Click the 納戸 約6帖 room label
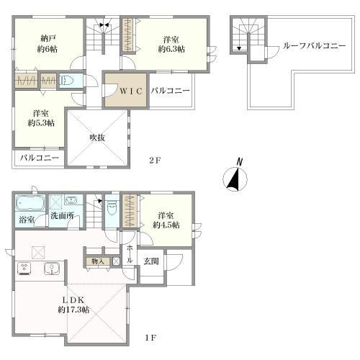(48, 44)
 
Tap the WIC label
(131, 91)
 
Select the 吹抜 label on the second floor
(97, 138)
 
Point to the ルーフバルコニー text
(314, 45)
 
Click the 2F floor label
(154, 161)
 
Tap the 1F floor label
(150, 338)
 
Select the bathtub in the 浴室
(30, 203)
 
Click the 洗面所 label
(62, 216)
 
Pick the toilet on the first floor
(111, 208)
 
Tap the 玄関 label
(151, 261)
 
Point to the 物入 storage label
(98, 261)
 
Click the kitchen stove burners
(24, 269)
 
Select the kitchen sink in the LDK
(52, 269)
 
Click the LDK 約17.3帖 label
(73, 305)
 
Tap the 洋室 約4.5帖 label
(166, 220)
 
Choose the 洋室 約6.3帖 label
(171, 44)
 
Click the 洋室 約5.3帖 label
(41, 118)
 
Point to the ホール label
(130, 254)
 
